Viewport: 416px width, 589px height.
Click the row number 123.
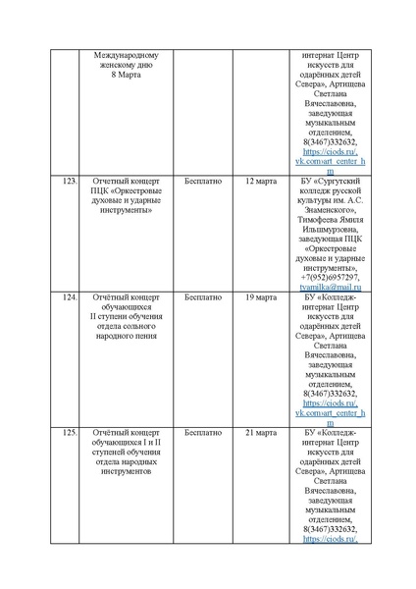[70, 182]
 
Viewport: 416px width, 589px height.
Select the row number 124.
[70, 296]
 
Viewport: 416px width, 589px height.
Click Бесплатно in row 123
[203, 182]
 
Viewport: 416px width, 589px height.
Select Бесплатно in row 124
[203, 296]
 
